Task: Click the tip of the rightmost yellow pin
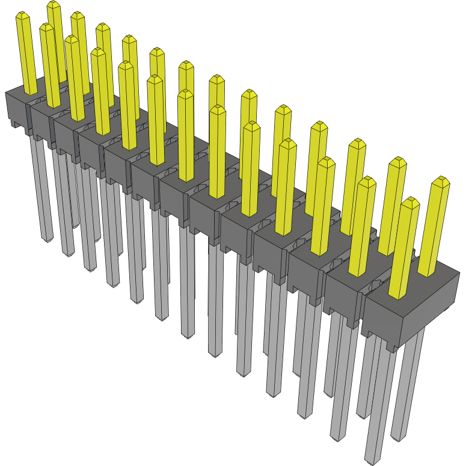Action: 442,180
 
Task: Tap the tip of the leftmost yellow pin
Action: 22,15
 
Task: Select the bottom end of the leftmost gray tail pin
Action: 46,239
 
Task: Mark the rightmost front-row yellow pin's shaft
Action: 404,253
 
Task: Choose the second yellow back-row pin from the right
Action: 394,204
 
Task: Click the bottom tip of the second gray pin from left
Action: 67,253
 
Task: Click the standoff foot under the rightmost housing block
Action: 391,347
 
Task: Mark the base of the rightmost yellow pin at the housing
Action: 426,274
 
